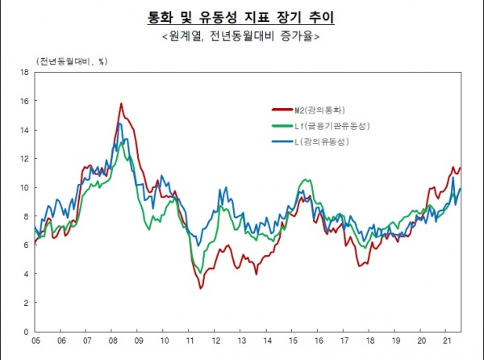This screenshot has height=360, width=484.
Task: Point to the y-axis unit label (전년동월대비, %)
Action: click(70, 61)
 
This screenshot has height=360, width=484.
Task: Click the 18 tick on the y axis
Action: click(24, 72)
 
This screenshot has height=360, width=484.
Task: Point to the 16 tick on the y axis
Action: click(24, 101)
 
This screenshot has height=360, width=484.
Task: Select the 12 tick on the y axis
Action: click(24, 158)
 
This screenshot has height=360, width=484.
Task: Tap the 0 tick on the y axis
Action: click(27, 331)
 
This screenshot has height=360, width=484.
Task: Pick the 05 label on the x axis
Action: click(37, 341)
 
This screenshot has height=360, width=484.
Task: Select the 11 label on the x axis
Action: click(188, 341)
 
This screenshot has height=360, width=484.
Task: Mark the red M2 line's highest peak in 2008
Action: click(121, 103)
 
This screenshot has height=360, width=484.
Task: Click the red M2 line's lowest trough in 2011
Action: click(200, 288)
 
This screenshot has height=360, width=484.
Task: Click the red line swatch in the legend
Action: click(279, 109)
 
